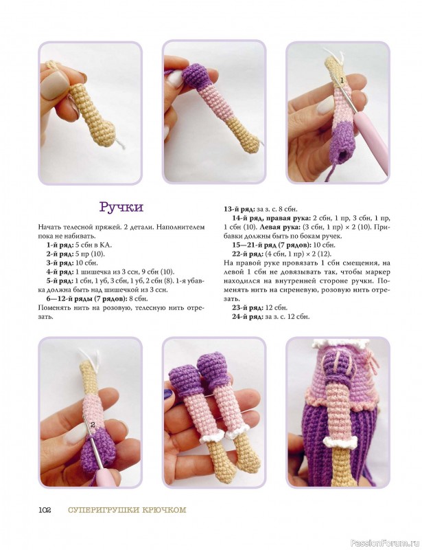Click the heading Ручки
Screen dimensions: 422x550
121,207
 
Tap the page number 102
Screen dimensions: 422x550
45,510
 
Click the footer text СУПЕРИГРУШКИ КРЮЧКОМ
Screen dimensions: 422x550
127,510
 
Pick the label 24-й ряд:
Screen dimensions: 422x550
247,317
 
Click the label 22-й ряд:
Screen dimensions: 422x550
247,254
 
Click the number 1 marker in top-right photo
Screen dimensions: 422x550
342,80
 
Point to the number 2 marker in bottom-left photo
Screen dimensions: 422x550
93,424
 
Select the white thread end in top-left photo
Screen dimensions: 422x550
120,143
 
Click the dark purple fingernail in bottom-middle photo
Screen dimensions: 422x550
168,393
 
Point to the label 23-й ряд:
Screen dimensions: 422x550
247,307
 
